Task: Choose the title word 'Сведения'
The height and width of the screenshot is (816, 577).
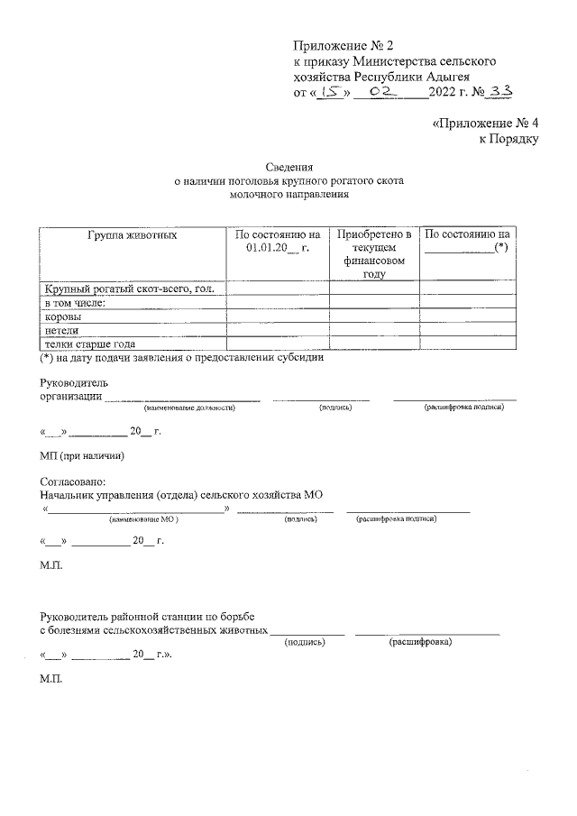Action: tap(289, 167)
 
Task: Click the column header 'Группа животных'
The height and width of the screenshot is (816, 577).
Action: tap(132, 234)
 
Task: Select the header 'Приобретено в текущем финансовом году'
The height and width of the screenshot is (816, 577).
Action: tap(374, 254)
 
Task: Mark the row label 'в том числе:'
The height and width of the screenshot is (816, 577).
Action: tap(76, 303)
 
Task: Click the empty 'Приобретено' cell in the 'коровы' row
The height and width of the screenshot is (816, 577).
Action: tap(374, 316)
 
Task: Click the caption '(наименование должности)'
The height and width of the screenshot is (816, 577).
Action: tap(188, 408)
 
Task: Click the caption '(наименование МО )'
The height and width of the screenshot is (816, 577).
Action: tap(144, 520)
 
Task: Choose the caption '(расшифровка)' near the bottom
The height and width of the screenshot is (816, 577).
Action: tap(420, 642)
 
